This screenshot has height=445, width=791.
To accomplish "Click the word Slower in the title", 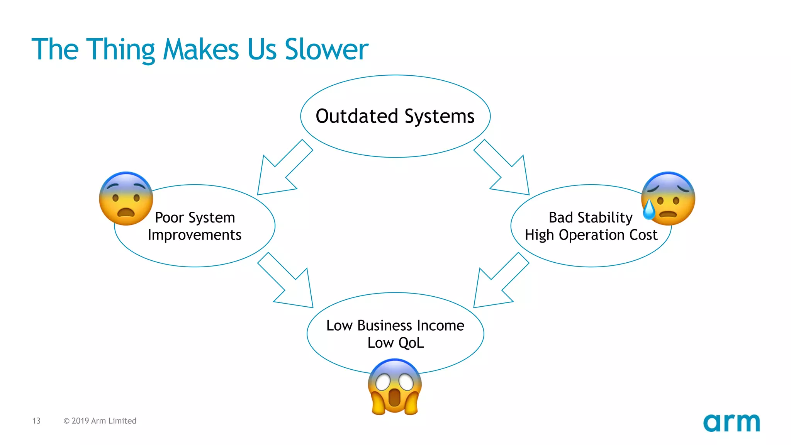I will click(x=326, y=49).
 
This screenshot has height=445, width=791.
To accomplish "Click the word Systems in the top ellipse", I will click(x=439, y=116).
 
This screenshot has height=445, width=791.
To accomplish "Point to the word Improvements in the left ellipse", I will click(x=194, y=235).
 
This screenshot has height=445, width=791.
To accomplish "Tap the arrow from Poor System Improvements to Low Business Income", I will click(x=288, y=282).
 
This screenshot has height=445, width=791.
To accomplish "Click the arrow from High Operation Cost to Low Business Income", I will click(x=498, y=282).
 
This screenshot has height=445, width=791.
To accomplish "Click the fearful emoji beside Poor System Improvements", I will click(x=126, y=199).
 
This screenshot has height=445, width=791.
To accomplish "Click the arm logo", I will click(x=731, y=423).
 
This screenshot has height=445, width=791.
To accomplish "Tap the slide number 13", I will click(x=36, y=421).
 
